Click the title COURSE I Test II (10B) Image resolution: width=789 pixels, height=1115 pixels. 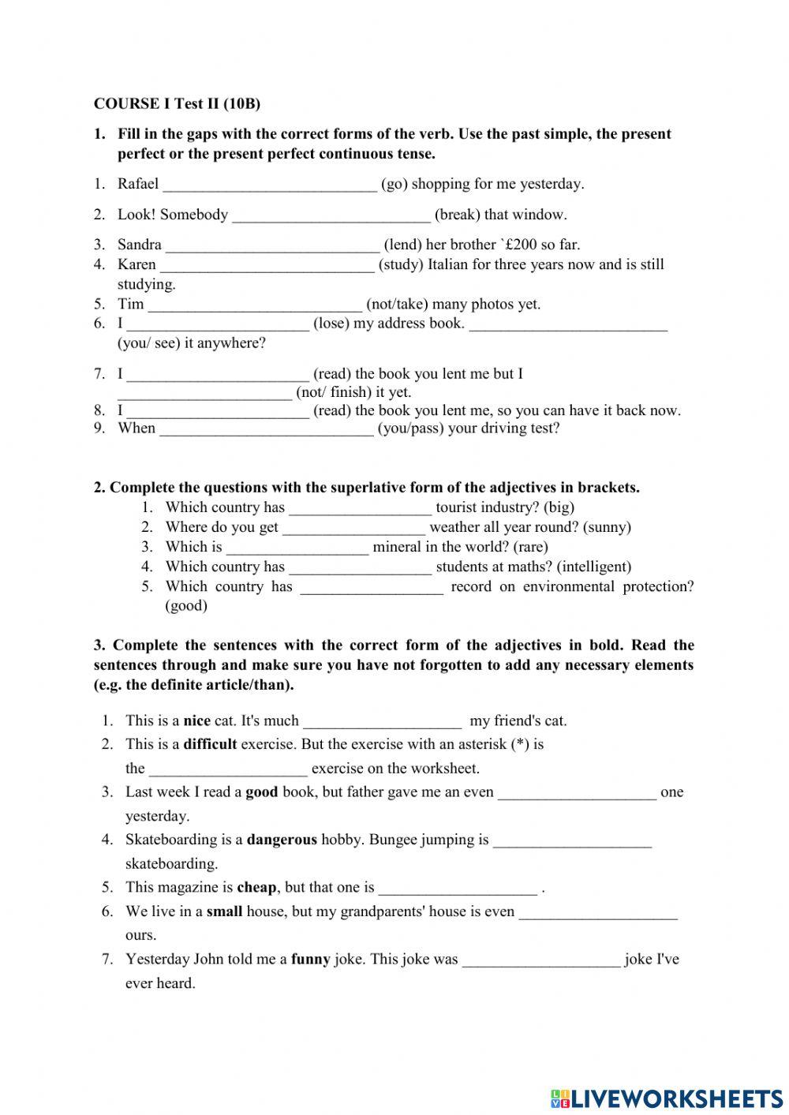point(177,103)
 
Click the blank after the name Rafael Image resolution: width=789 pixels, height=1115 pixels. point(269,185)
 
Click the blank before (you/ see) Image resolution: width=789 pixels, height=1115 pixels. point(568,324)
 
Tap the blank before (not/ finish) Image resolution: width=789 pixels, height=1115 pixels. point(204,393)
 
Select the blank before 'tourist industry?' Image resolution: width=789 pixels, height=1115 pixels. point(360,509)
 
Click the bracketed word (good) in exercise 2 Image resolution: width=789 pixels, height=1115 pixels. point(186,606)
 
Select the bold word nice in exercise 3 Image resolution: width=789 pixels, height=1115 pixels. point(197,720)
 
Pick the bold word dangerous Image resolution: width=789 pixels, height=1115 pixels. point(282,840)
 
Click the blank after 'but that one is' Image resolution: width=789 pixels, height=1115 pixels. point(458,889)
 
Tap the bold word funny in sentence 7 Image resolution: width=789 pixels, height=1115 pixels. point(310,960)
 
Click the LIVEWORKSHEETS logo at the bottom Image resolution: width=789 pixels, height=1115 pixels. point(667,1098)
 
